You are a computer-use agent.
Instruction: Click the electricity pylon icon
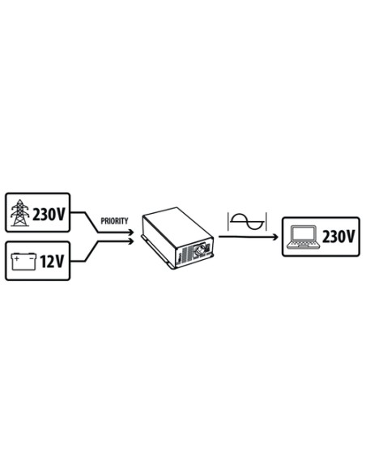(x=20, y=213)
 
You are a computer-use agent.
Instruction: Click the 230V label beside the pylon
(x=49, y=215)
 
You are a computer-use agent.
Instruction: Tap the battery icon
(x=23, y=262)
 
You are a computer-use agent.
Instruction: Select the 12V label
(x=52, y=262)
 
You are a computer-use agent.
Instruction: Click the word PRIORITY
(x=114, y=221)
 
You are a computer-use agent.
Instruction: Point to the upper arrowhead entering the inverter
(x=131, y=232)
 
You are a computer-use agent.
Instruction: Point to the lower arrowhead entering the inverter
(x=131, y=241)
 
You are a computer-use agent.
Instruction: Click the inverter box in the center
(x=178, y=237)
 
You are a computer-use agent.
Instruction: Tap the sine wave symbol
(x=247, y=222)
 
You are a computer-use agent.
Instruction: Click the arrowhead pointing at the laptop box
(x=275, y=237)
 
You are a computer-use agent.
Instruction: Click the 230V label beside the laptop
(x=338, y=236)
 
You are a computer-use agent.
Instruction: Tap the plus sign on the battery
(x=17, y=258)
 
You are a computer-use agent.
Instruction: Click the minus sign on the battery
(x=31, y=258)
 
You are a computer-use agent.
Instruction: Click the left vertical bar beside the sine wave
(x=228, y=222)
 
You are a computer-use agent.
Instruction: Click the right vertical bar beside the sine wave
(x=266, y=222)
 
